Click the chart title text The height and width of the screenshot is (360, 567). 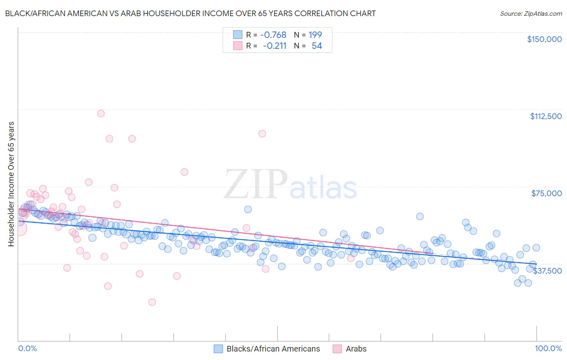click(x=191, y=13)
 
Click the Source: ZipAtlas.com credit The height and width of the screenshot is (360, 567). click(x=531, y=13)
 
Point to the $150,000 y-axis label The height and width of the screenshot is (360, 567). click(x=544, y=39)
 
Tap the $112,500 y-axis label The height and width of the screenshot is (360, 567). click(x=545, y=116)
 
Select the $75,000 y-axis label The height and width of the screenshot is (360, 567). click(x=546, y=193)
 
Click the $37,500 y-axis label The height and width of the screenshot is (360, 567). click(x=547, y=271)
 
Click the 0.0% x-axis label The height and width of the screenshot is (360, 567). click(x=27, y=349)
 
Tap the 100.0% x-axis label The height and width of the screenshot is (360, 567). click(x=548, y=349)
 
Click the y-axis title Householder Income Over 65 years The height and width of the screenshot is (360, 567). click(x=11, y=184)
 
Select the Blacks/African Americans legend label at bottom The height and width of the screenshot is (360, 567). click(x=273, y=349)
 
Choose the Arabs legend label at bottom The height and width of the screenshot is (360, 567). click(x=356, y=349)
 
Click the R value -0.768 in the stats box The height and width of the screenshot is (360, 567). click(x=273, y=35)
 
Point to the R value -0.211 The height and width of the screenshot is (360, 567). click(x=274, y=46)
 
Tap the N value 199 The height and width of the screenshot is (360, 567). click(x=315, y=35)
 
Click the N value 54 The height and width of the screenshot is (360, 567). click(x=317, y=46)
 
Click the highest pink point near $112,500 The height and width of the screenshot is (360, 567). click(x=101, y=113)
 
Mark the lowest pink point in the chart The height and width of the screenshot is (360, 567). click(x=152, y=302)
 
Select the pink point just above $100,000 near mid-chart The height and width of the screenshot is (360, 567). click(x=262, y=134)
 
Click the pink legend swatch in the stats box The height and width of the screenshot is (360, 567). click(x=238, y=46)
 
